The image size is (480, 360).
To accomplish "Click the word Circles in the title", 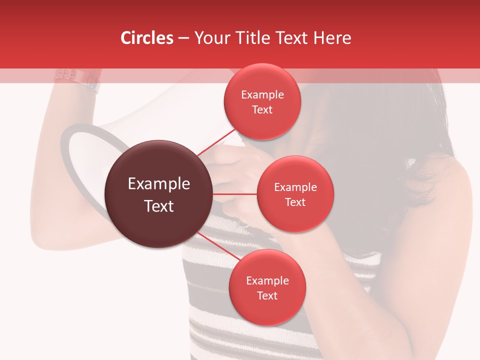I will coord(146,38).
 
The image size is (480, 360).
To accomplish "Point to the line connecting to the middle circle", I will coord(234,193).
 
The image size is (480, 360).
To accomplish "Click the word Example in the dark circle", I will coord(159,184).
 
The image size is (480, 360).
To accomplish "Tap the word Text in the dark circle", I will coord(159,206).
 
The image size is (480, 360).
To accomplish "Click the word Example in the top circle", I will coord(262,95).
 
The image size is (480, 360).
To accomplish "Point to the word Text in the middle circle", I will coord(295,202).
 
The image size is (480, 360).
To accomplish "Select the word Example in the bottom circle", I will coord(267,281).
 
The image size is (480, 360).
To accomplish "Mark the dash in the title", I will coord(183,38).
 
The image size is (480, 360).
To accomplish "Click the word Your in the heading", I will coord(210,38).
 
